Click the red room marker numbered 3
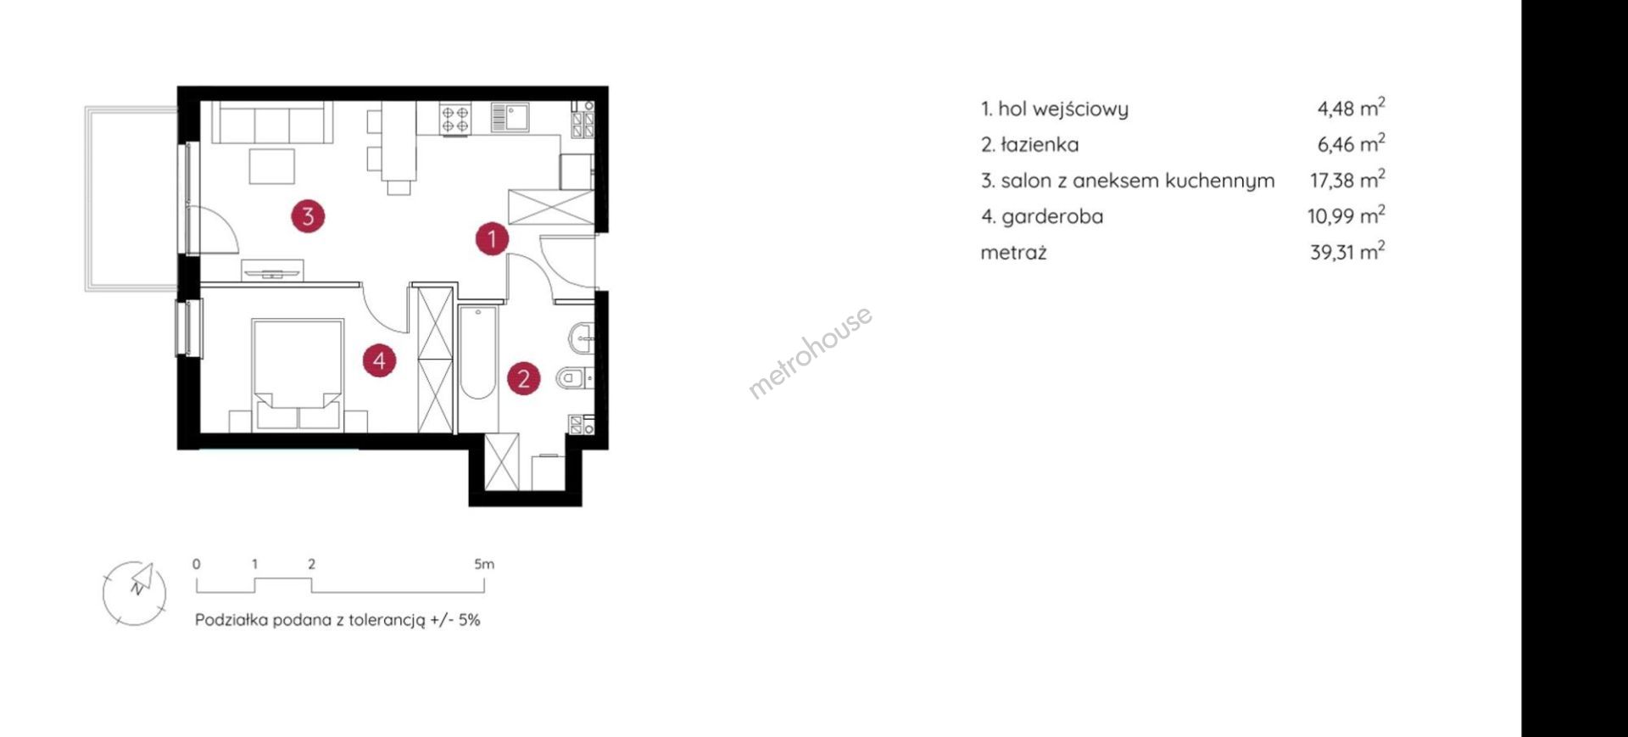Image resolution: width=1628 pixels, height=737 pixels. tap(308, 216)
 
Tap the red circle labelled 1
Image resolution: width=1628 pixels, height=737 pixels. tap(492, 238)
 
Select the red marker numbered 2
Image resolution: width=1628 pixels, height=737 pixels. tap(524, 378)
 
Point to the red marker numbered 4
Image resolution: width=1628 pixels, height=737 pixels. tap(379, 360)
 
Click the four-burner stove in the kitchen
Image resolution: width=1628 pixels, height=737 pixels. tap(454, 118)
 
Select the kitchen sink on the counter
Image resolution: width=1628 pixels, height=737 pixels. tap(510, 117)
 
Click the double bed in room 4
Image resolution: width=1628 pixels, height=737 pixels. tap(298, 374)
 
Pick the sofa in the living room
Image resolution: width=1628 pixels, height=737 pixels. tap(271, 122)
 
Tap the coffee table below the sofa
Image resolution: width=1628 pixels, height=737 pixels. tap(272, 166)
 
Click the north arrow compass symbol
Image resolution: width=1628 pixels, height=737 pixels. tap(135, 593)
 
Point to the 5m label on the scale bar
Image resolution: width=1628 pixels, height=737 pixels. tap(484, 564)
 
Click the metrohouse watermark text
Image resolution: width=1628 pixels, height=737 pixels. tap(810, 352)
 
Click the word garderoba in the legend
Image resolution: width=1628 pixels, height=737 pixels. tap(1052, 216)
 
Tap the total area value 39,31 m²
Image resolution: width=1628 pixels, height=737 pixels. tap(1347, 251)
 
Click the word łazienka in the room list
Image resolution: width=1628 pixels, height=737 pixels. tap(1040, 144)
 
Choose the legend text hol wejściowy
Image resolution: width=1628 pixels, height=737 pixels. tap(1063, 109)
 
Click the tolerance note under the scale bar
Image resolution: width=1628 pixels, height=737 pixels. tap(337, 620)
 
